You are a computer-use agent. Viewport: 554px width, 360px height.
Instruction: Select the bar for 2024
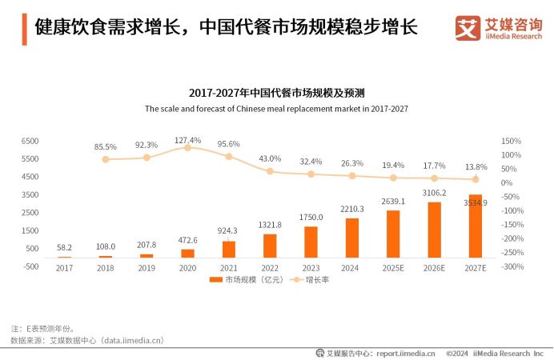[352, 238]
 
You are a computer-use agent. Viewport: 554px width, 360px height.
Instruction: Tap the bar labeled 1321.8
[270, 246]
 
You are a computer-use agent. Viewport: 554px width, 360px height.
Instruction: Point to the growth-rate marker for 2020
[188, 148]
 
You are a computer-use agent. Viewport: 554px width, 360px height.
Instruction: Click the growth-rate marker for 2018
[106, 159]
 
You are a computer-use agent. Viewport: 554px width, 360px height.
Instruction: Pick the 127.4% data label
[188, 140]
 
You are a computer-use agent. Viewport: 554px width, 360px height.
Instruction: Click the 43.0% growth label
[270, 158]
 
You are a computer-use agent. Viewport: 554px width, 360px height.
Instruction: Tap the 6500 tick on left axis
[30, 141]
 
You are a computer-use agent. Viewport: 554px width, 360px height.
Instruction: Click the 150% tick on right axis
[511, 141]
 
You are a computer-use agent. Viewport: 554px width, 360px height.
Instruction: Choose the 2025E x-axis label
[393, 268]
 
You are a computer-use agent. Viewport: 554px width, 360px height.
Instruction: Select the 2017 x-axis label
[64, 268]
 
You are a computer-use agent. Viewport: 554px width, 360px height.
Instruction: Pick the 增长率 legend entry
[311, 280]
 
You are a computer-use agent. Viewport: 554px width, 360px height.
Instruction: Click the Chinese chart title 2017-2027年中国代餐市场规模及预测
[276, 93]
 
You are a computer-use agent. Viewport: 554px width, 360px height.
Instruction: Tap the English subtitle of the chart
[276, 108]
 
